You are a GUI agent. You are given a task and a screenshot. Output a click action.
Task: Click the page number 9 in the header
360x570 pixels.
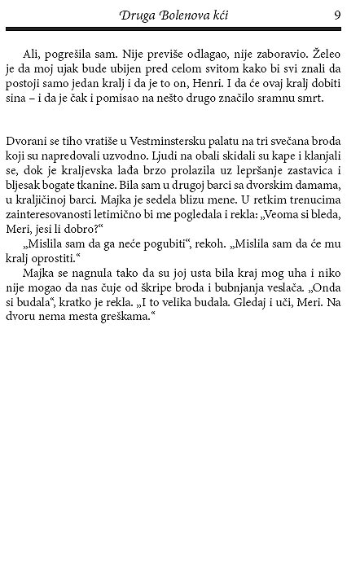tap(336, 14)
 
